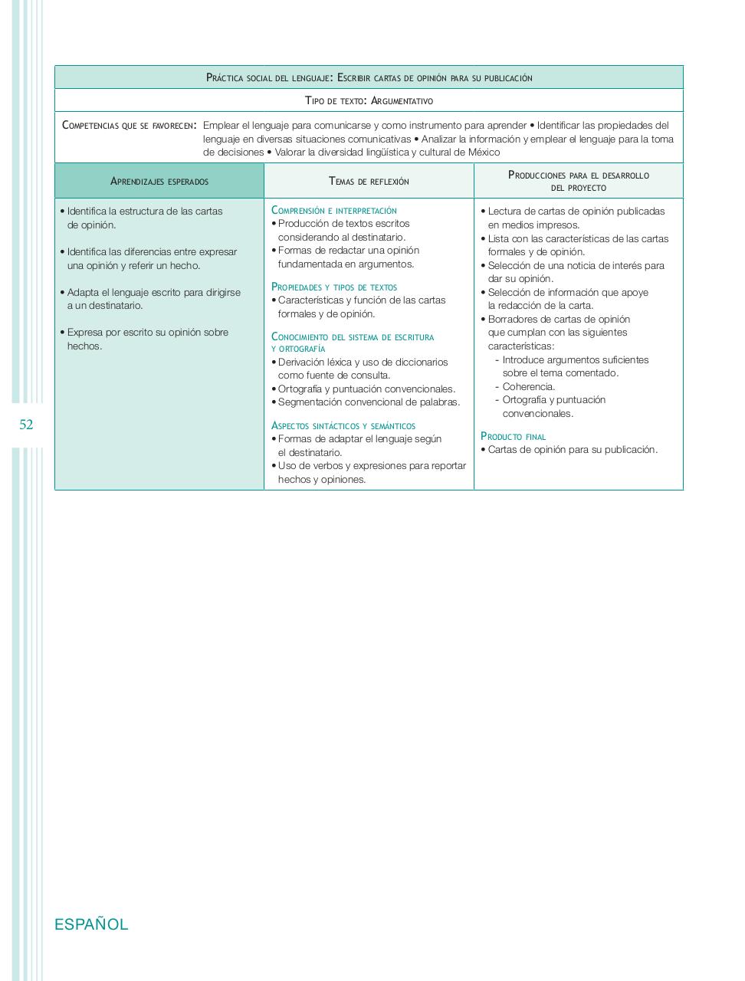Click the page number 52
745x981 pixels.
tap(26, 425)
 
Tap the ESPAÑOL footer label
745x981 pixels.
tap(91, 924)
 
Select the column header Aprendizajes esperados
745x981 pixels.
tap(159, 182)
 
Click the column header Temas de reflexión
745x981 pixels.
tap(369, 182)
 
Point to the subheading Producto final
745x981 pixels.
tap(513, 436)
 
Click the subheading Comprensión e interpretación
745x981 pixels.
tap(334, 210)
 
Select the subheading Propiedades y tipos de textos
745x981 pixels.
tap(334, 287)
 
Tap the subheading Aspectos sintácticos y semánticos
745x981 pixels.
tap(343, 425)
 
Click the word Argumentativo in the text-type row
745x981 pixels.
tap(401, 100)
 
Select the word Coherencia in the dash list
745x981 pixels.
tap(528, 386)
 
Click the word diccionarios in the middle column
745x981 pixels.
tap(418, 362)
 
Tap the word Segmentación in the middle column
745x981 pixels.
tap(310, 402)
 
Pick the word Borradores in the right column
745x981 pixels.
tap(513, 319)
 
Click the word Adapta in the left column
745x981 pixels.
tap(83, 292)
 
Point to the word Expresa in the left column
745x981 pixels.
tap(85, 332)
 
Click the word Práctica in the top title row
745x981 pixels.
tap(226, 77)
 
